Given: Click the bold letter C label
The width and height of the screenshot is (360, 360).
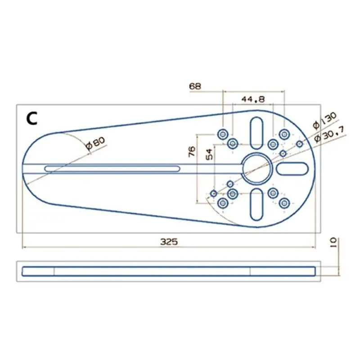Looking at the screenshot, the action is (31, 119).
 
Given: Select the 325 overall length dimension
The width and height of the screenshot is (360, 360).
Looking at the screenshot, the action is (169, 242).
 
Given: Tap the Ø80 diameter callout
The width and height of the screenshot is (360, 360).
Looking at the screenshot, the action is (96, 143).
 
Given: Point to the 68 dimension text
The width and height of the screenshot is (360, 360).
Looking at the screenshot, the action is (195, 86).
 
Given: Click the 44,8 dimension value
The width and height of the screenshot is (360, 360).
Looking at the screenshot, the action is (253, 99).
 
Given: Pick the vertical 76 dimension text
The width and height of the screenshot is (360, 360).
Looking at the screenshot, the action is (192, 152).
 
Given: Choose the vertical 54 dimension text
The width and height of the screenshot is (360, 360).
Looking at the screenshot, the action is (209, 154).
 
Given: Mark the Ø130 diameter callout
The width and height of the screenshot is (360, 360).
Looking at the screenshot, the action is (324, 120).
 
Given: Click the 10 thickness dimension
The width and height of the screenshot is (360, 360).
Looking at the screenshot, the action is (333, 242).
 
